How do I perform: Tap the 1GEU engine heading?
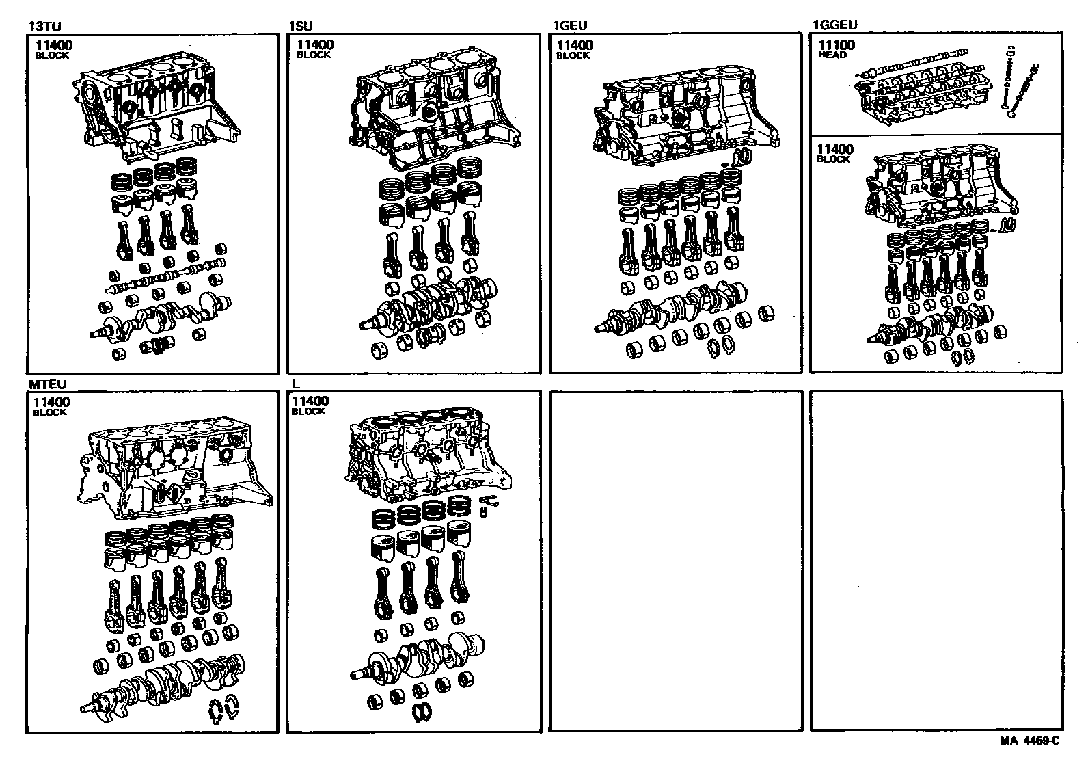click(x=570, y=27)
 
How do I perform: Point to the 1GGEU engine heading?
click(x=835, y=26)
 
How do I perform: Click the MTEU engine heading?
click(x=47, y=384)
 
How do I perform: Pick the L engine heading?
click(x=296, y=384)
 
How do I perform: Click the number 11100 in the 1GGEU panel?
click(x=837, y=46)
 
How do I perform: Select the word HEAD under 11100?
click(x=832, y=55)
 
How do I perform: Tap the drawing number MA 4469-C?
click(x=1029, y=741)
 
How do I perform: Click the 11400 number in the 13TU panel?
click(x=54, y=46)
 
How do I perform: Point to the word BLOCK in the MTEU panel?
click(x=50, y=412)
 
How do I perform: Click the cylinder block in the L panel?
click(x=427, y=455)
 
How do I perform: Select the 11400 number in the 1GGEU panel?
click(x=835, y=150)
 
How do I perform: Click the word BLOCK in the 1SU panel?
click(x=313, y=55)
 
